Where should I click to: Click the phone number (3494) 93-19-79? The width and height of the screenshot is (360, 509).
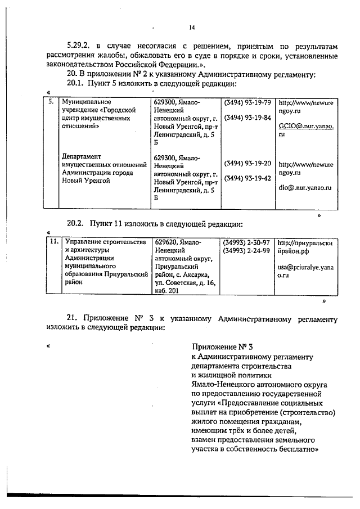click(247, 103)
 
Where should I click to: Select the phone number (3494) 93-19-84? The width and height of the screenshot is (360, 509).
click(247, 118)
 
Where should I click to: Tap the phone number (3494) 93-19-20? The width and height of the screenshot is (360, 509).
click(247, 164)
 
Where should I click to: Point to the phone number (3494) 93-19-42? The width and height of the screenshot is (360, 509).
click(247, 178)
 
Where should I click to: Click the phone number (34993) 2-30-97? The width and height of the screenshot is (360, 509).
click(247, 242)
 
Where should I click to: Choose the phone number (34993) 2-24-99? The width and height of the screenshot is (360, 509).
click(247, 250)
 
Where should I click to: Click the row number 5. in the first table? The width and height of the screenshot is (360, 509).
click(51, 103)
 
